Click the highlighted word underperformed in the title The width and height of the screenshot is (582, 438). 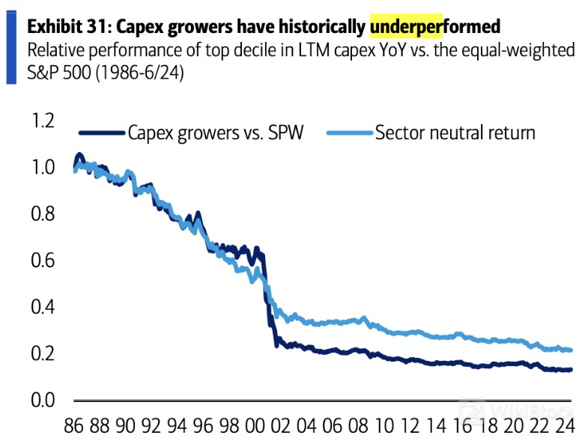(434, 27)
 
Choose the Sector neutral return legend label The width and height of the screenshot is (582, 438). (455, 133)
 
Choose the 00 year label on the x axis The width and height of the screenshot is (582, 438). (257, 423)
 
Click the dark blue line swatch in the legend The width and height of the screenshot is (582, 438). (101, 133)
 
